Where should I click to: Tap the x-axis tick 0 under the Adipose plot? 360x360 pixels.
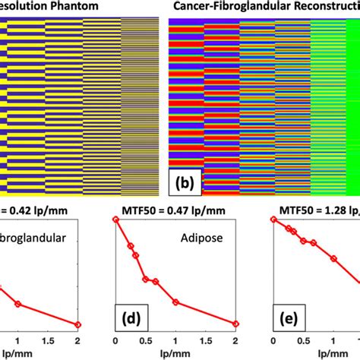(x=115, y=342)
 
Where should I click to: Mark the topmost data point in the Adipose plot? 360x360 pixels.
(x=115, y=219)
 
